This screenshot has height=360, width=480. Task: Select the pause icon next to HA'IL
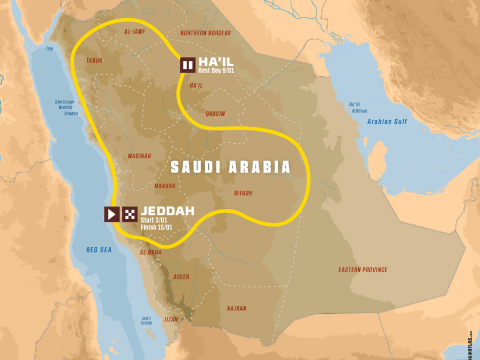coord(187,65)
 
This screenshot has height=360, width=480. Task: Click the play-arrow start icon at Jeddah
coord(112,214)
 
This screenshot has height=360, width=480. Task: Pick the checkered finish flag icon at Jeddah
coord(130,214)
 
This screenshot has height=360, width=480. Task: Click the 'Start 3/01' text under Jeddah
coord(156,221)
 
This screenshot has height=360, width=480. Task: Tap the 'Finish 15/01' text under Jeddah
coord(158,228)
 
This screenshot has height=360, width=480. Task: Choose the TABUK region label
coord(95,59)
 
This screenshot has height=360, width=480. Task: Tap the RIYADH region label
coord(243,192)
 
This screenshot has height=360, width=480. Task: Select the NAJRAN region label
coord(236,308)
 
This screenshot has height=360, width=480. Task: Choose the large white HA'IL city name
coord(216,61)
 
